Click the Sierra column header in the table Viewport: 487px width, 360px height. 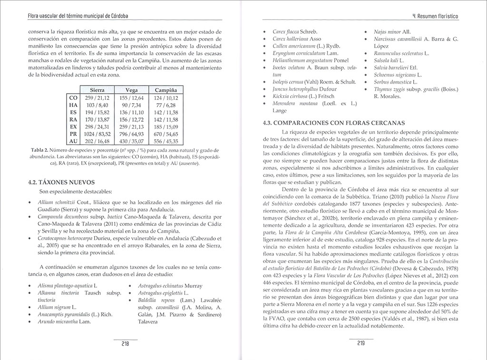pos(97,90)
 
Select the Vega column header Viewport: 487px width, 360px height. pos(132,90)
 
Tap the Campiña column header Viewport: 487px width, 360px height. pos(166,90)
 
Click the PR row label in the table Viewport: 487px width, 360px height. pos(73,134)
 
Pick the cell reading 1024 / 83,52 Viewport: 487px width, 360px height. pos(97,134)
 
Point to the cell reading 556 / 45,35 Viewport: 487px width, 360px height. pos(166,141)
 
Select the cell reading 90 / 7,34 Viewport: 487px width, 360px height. pos(132,105)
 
